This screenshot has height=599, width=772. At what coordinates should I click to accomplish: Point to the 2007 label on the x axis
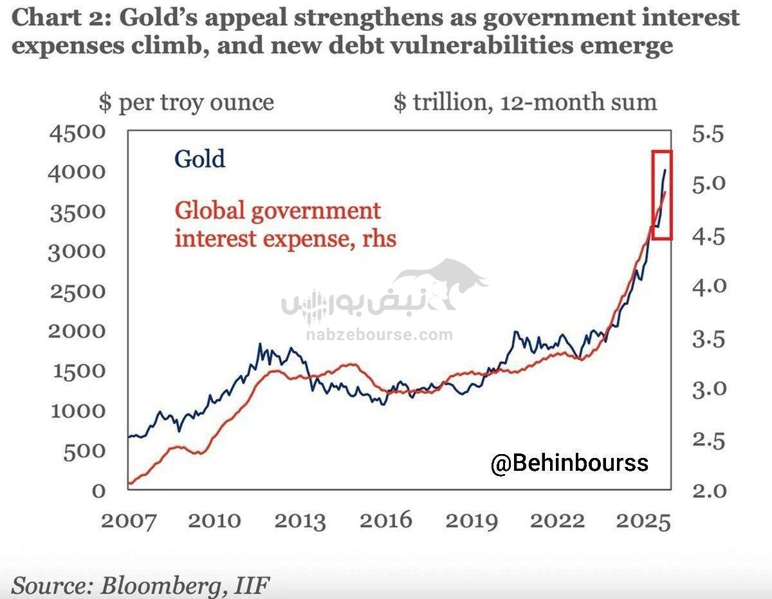[x=127, y=520]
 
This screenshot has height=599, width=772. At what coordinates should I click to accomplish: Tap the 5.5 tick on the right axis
[x=708, y=135]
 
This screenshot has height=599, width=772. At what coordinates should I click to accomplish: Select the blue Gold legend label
[x=200, y=158]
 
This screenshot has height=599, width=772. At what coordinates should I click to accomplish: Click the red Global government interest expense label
[x=286, y=224]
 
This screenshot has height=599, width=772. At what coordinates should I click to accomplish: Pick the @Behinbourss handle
[x=569, y=463]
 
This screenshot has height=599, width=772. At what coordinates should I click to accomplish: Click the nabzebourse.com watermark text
[x=379, y=335]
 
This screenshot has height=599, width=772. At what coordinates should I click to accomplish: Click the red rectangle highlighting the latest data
[x=662, y=195]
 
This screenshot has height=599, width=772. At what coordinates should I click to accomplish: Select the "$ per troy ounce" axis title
[x=186, y=102]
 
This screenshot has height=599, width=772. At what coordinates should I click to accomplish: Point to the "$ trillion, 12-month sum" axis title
[x=525, y=102]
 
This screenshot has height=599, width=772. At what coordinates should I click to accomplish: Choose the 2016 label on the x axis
[x=385, y=520]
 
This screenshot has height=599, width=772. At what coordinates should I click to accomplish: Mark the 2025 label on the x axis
[x=643, y=520]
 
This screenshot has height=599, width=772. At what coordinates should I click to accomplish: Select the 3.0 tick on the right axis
[x=708, y=388]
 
